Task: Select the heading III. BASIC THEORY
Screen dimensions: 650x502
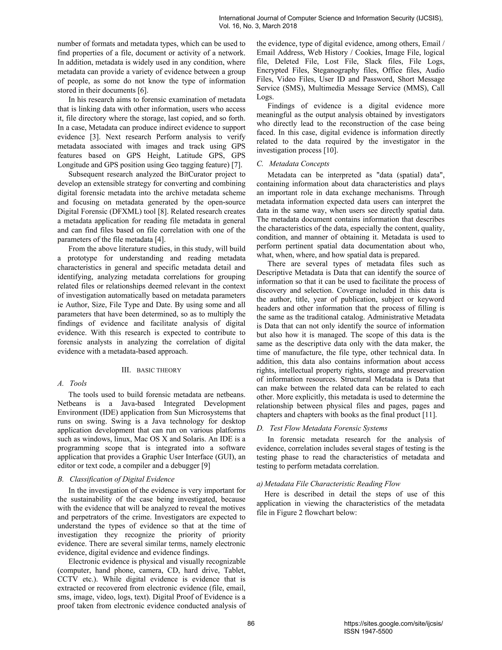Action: point(151,370)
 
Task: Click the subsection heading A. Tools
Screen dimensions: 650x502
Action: point(72,383)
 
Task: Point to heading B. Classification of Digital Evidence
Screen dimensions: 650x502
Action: point(116,479)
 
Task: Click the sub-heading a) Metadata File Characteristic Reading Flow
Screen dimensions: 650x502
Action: point(328,484)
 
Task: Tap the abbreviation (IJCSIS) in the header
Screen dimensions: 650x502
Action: point(429,18)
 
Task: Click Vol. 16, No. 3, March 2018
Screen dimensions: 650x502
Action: point(258,26)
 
